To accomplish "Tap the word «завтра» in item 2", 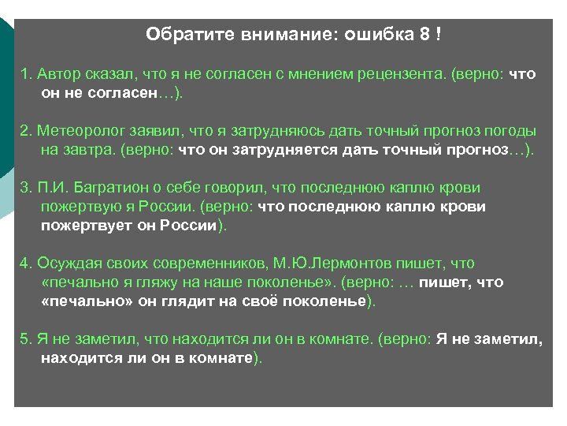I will click(x=87, y=150).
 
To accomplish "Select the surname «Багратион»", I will click(x=102, y=188).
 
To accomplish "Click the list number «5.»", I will click(x=25, y=339).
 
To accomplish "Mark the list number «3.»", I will click(x=25, y=188).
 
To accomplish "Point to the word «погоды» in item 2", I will click(x=511, y=131).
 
